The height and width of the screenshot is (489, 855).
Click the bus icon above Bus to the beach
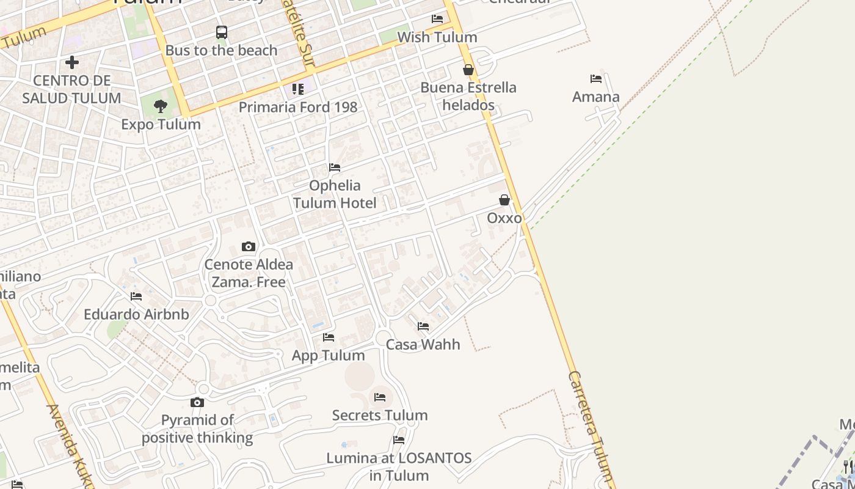(222, 32)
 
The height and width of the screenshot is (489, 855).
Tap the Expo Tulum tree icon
(161, 106)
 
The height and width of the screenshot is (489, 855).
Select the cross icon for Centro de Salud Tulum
(72, 62)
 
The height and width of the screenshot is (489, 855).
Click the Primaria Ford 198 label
(297, 107)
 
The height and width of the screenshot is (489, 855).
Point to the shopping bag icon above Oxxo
(504, 200)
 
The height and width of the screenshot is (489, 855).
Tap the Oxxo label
(504, 218)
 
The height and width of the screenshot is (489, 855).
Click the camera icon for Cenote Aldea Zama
(248, 246)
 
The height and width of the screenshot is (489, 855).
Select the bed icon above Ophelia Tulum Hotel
(335, 167)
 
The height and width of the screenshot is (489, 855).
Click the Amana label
(596, 97)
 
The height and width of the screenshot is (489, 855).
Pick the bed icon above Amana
(596, 79)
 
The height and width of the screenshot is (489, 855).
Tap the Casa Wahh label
(423, 344)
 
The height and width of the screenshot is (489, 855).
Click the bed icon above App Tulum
(329, 337)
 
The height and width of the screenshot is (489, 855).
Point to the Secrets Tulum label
(380, 416)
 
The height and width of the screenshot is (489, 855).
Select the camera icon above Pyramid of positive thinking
(197, 402)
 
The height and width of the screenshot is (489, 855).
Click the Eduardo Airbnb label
(136, 314)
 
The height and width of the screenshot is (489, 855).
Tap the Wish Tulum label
(437, 37)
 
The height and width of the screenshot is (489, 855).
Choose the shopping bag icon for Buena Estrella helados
(468, 70)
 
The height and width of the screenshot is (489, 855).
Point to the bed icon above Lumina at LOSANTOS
(399, 440)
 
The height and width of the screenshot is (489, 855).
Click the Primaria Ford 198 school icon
(298, 89)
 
